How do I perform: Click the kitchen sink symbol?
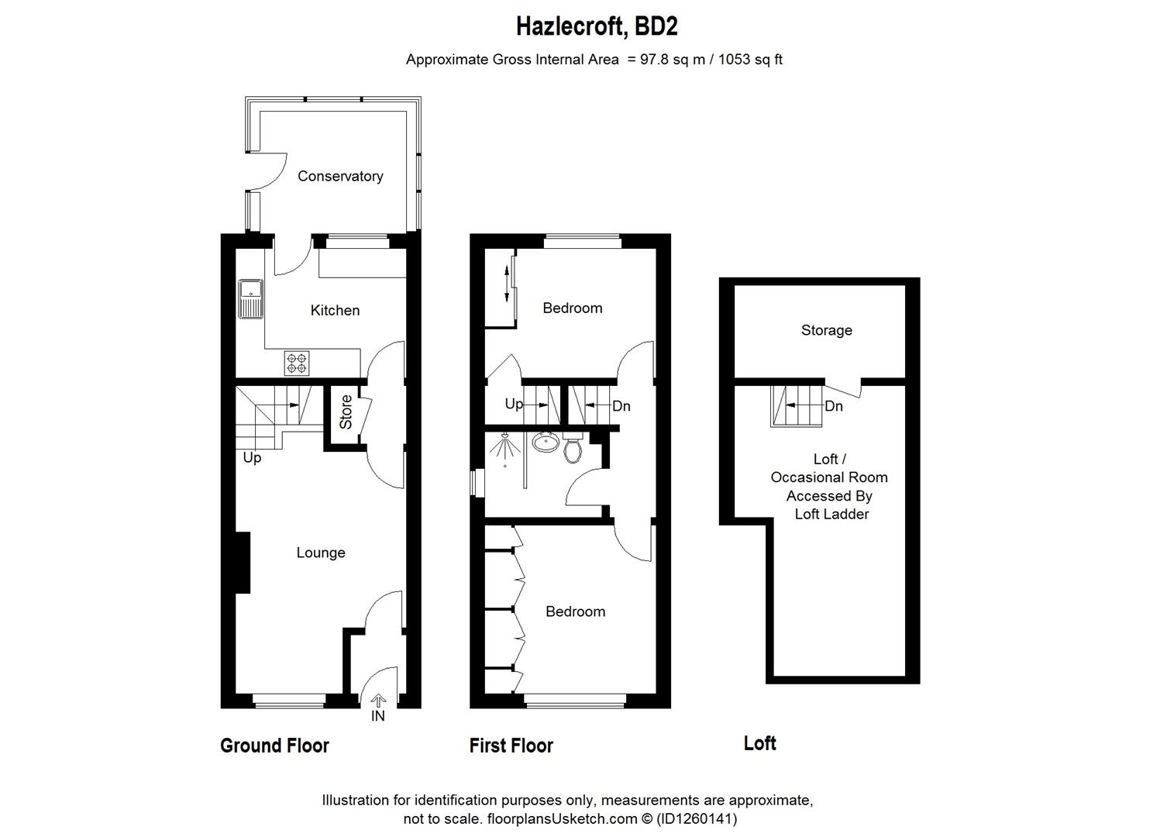[250, 299]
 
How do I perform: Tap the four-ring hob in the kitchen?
[297, 363]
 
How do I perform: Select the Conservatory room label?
[340, 176]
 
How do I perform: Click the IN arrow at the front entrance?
[378, 701]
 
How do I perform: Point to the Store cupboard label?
[346, 412]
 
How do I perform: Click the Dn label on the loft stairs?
[834, 406]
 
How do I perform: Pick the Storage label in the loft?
[826, 330]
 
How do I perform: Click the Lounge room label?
[321, 553]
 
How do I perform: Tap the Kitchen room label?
[335, 310]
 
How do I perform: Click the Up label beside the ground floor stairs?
[252, 458]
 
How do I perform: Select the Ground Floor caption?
[274, 746]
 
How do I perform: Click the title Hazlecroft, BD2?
[597, 26]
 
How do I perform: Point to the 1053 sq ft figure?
[750, 60]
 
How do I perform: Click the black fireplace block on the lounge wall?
[243, 563]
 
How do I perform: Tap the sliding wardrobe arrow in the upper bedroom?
[506, 284]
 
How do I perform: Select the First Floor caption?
[511, 746]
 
